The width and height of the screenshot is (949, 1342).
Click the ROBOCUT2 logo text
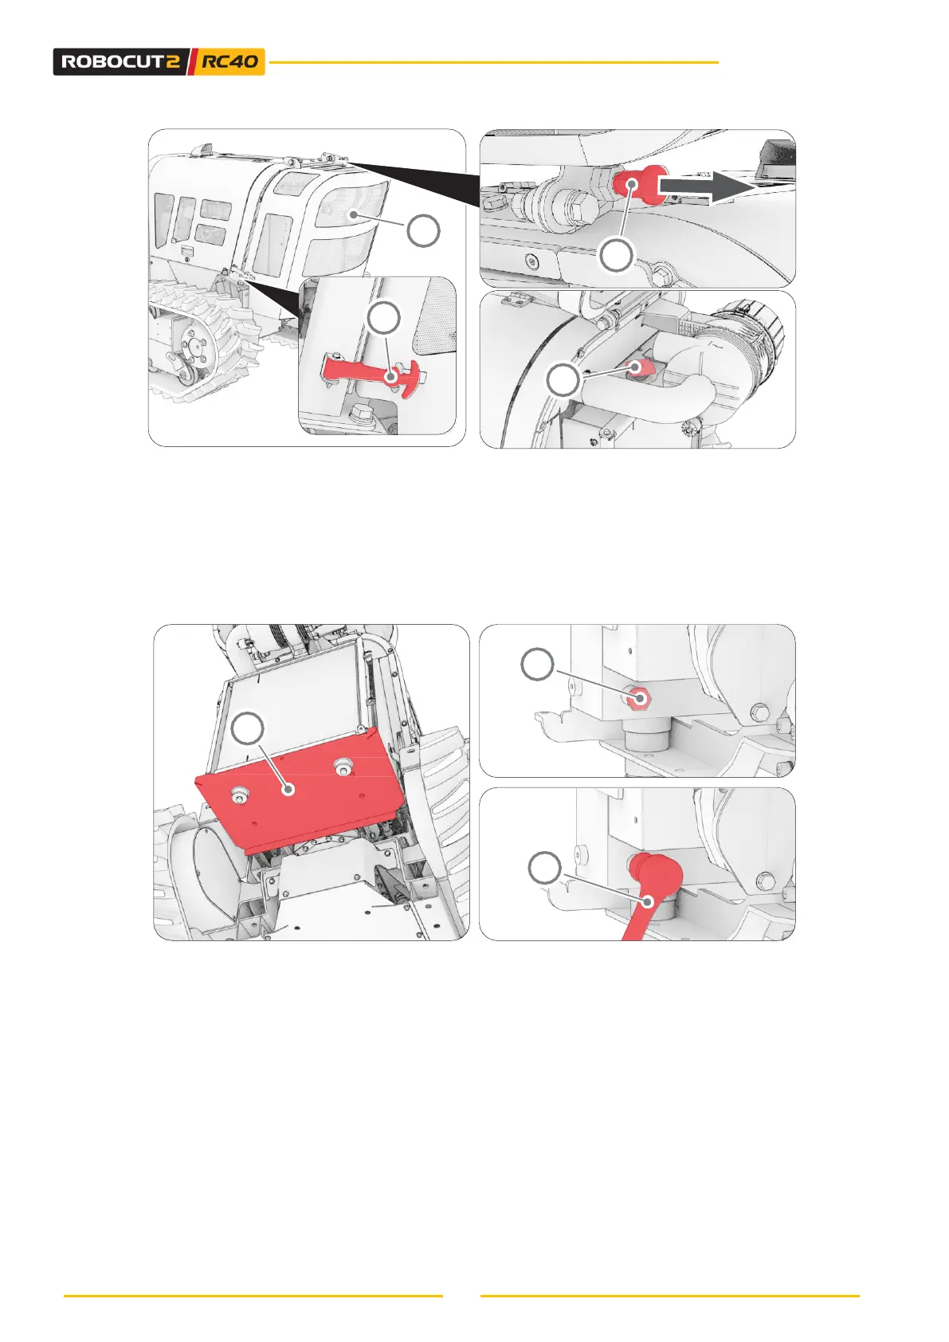pos(120,61)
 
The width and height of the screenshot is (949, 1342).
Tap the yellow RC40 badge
pos(229,61)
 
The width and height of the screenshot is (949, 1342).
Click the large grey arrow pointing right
pos(706,186)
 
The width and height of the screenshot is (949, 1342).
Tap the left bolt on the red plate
pos(241,793)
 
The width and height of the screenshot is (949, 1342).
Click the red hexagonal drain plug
pos(640,697)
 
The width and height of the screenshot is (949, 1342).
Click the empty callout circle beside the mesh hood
pos(423,230)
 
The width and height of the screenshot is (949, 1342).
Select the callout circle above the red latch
pos(383,318)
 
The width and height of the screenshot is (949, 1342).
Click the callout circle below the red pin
pos(617,256)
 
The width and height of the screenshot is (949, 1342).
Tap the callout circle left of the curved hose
pos(563,380)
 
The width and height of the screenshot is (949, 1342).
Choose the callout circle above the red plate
pos(248,728)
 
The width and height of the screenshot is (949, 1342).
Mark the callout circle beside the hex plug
pos(537,664)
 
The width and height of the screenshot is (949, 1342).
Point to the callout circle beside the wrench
pos(544,868)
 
